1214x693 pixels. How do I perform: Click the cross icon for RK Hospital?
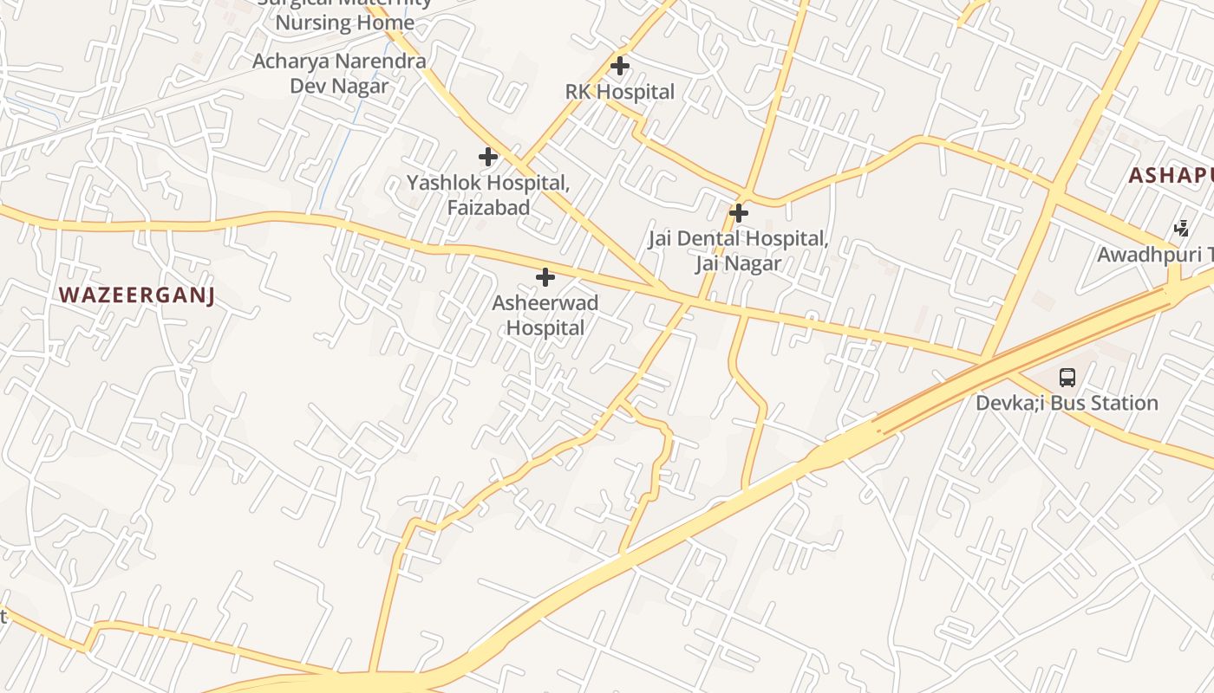coord(619,66)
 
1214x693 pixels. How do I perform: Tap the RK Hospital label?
coord(619,92)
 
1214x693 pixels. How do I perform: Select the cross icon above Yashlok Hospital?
coord(488,157)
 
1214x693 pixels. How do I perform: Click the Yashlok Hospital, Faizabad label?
coord(488,195)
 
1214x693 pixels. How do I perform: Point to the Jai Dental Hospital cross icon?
coord(738,212)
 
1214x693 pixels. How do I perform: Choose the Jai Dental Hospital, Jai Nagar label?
coord(738,250)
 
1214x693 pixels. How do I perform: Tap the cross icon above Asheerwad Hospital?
coord(545,277)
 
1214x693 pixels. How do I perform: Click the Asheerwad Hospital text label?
coord(545,315)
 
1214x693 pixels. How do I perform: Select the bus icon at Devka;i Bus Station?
coord(1067,378)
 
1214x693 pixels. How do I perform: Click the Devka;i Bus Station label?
coord(1067,403)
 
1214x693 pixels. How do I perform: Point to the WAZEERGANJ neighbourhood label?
coord(136,295)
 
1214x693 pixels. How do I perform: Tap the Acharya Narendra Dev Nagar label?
coord(339,74)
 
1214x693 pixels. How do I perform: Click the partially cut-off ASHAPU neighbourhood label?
coord(1170,176)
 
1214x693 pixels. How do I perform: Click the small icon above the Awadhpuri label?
coord(1181,229)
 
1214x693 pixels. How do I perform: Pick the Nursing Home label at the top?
coord(344,23)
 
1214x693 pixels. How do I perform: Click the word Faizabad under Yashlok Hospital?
coord(488,208)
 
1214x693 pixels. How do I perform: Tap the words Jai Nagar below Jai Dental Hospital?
coord(738,263)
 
